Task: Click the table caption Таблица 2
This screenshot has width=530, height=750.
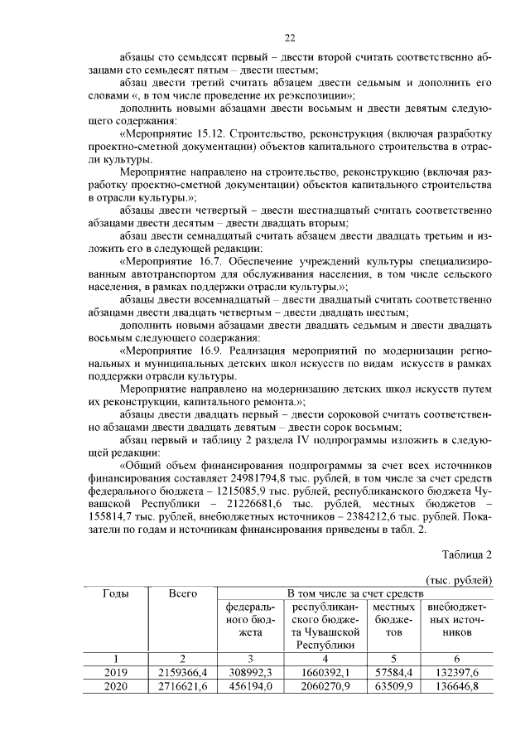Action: (467, 554)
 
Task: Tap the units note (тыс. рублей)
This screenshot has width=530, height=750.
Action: (459, 579)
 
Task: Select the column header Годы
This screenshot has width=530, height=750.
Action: (115, 594)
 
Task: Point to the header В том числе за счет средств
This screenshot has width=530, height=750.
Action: (354, 594)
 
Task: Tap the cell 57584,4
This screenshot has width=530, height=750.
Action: (393, 673)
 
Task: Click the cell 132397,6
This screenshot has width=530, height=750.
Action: (455, 673)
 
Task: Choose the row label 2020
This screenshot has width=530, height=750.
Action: (115, 687)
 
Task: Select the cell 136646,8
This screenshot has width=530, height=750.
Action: (455, 687)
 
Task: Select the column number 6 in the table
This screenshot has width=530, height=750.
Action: (455, 659)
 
